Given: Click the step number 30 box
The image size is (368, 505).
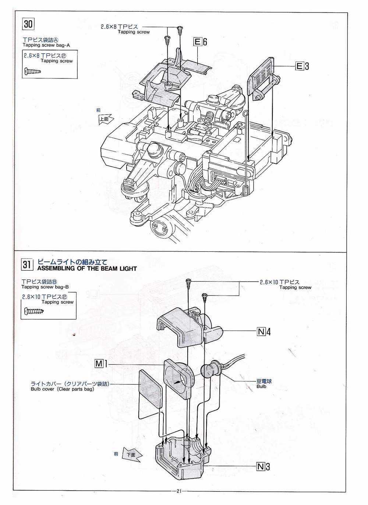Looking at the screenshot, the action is tap(28, 24).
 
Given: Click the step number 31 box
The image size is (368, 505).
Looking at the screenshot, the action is tap(27, 264).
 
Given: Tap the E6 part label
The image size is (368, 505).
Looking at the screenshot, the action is tap(200, 42).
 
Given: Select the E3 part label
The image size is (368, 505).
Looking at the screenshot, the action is tap(302, 66).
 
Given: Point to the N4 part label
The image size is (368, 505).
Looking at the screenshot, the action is tap(264, 331).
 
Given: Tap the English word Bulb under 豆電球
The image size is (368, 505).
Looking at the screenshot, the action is tap(261, 386).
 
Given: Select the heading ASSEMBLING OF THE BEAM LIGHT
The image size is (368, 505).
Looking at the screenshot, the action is tap(87, 268).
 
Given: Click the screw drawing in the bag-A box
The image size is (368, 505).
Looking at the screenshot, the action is tap(33, 71).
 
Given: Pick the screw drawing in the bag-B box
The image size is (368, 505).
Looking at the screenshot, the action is tap(33, 311).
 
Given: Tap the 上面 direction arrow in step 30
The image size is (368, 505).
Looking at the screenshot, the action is tap(106, 119).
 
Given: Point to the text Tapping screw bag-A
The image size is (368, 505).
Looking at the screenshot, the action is tap(46, 45).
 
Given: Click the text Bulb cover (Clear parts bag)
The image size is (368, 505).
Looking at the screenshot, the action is tap(62, 389).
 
